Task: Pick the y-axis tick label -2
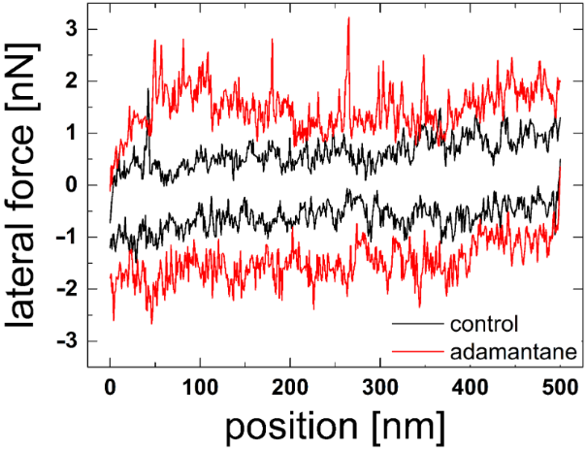pos(67,289)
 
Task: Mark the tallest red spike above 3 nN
pos(348,21)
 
